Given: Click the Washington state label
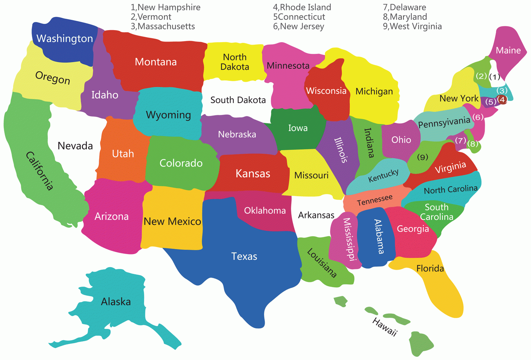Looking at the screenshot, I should coord(64,38).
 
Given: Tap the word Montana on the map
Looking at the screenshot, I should coord(156,62).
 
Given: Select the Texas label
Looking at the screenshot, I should coord(244,256).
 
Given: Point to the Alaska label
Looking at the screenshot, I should coord(116,302).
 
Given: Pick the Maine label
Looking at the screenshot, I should coord(508,50).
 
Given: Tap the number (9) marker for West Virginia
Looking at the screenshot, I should coord(423,157).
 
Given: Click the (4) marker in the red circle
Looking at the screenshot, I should coord(502,100).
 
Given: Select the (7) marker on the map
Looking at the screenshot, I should coord(460,141).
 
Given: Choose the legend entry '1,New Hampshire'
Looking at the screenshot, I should coord(165,7).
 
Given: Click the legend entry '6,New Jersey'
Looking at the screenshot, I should coord(298,26).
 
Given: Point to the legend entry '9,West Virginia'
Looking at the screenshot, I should coord(412,26).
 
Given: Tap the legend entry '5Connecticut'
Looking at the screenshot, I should coord(299,17).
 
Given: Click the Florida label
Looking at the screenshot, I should coord(430,268).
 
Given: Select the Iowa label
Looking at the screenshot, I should coord(298,128).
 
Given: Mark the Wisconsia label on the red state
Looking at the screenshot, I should coord(326,91).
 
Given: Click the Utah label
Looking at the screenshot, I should coord(123,154).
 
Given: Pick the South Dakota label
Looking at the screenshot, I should coord(238,100).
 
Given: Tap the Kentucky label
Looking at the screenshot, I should coord(383,175).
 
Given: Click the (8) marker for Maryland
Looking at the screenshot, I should coord(473,144).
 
